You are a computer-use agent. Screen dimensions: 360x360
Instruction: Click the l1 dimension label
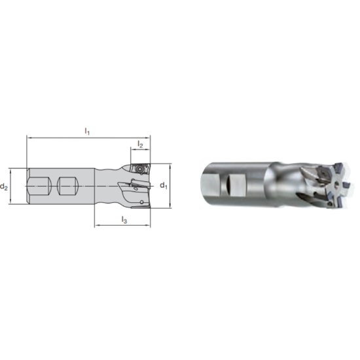pyautogui.click(x=88, y=132)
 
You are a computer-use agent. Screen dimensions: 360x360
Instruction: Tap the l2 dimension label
pyautogui.click(x=139, y=143)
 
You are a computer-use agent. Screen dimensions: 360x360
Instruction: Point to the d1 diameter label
pyautogui.click(x=164, y=186)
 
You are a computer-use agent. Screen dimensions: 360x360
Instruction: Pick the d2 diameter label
pyautogui.click(x=5, y=187)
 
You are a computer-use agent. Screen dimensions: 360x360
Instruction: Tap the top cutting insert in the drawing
pyautogui.click(x=139, y=169)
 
